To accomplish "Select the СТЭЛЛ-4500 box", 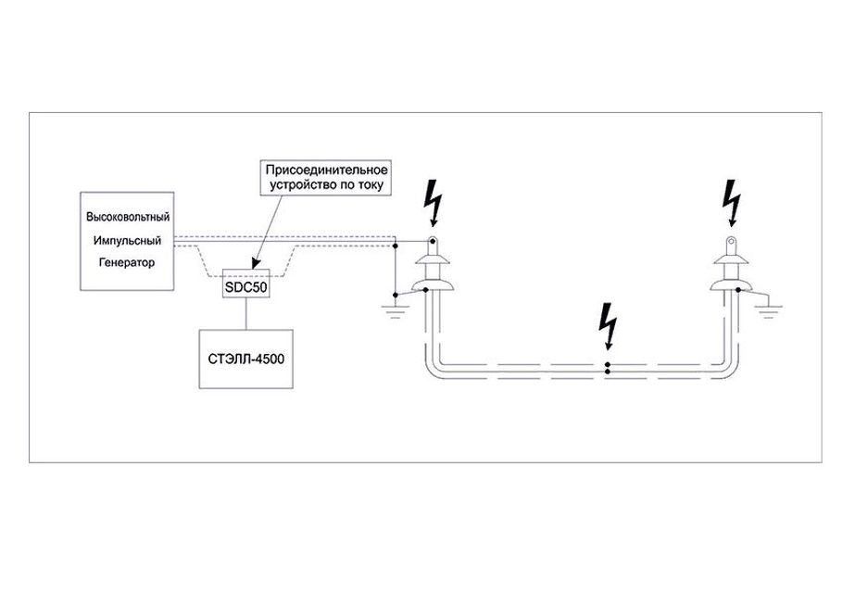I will point(245,358).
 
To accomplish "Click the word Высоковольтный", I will point(127,217).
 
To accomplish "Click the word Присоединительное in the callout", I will point(326,171).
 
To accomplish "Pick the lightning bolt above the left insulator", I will point(432,201).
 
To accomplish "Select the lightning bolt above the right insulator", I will point(733,202).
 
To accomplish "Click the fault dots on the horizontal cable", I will point(608,367).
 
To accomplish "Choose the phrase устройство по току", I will point(326,187).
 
